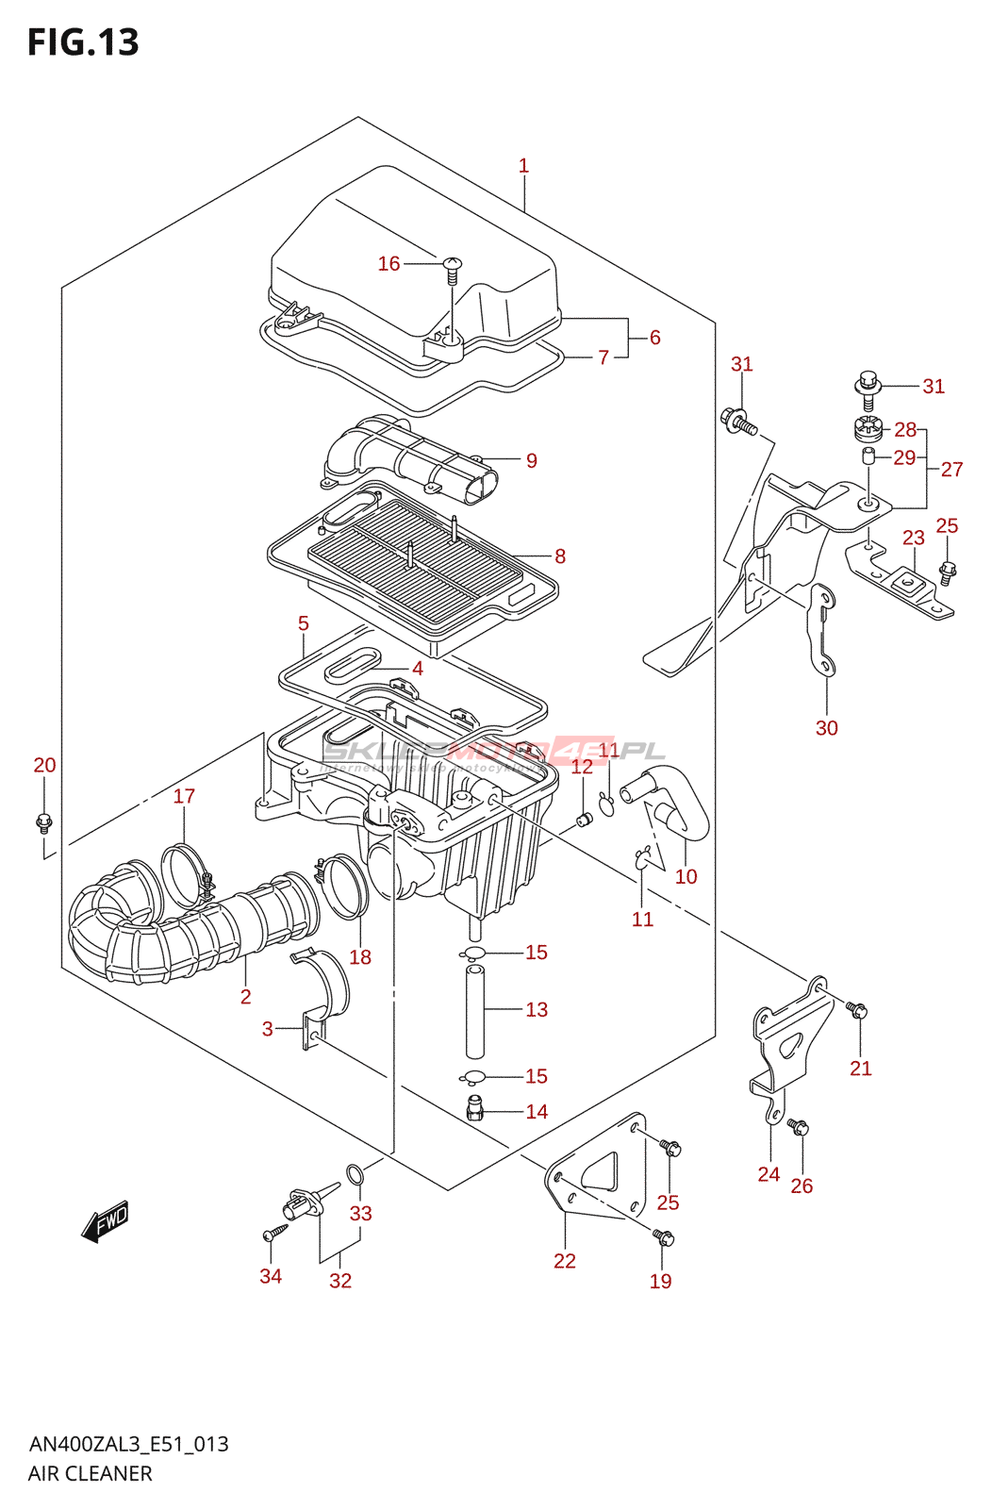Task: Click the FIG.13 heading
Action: (83, 42)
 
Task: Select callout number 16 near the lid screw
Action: (389, 264)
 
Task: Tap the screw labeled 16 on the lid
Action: (453, 270)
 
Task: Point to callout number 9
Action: (532, 460)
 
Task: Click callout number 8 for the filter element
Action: (560, 556)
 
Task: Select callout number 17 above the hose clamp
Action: (184, 796)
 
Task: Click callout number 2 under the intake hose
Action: (245, 997)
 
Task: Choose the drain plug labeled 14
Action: (474, 1109)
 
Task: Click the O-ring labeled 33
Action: (355, 1174)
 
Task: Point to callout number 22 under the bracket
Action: (564, 1261)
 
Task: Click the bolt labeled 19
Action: (663, 1237)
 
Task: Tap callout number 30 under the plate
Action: (826, 728)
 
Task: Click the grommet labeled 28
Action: (868, 429)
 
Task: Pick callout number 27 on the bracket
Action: (951, 469)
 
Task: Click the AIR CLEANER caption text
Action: (90, 1473)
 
